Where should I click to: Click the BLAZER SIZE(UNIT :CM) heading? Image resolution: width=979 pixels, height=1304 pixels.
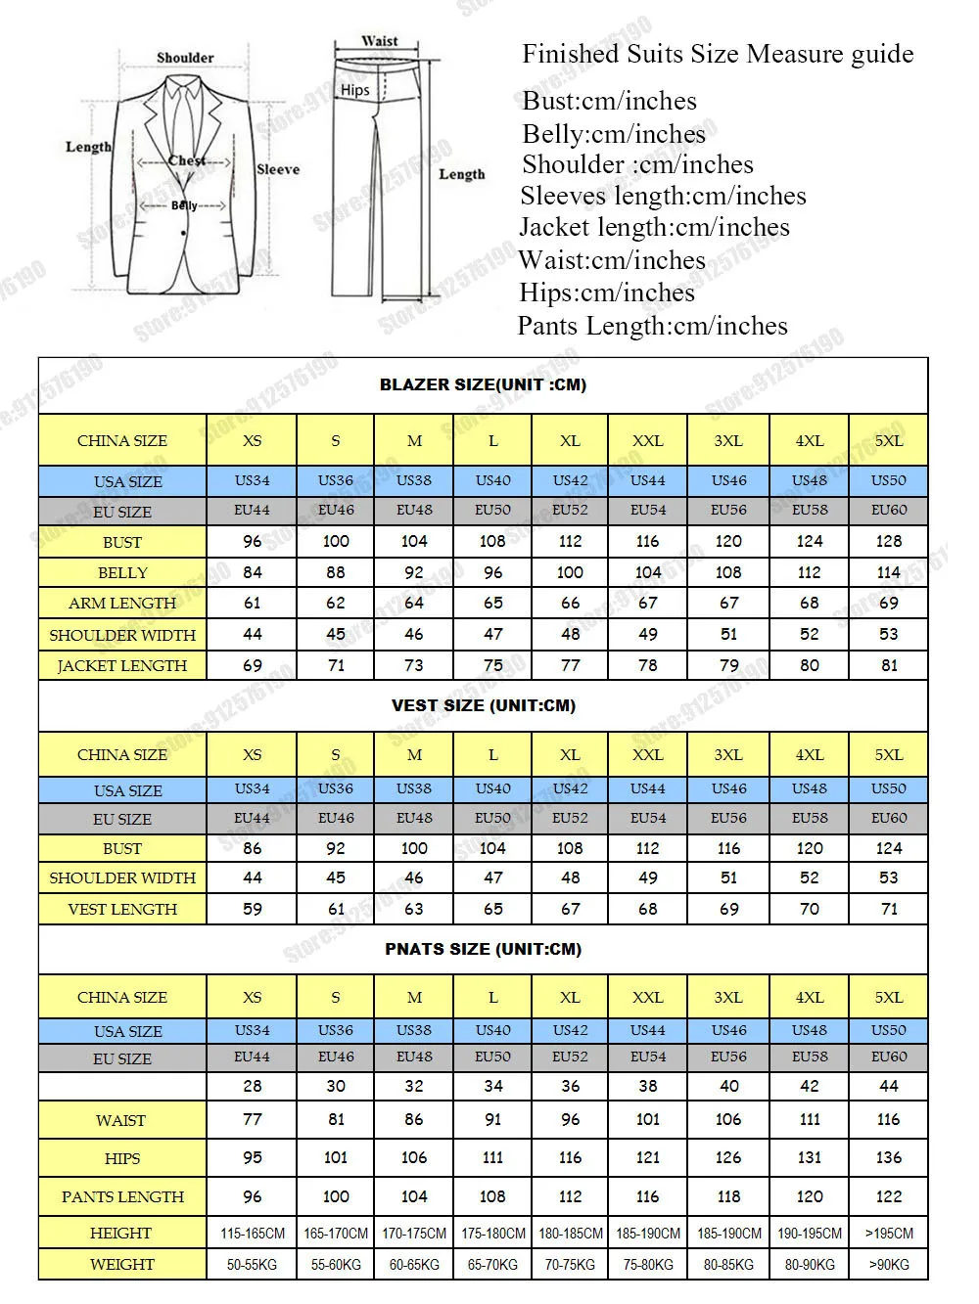point(483,384)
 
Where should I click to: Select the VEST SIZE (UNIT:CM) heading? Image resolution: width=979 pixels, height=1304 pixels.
point(483,705)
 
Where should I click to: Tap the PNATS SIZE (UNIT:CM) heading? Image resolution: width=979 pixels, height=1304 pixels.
point(483,949)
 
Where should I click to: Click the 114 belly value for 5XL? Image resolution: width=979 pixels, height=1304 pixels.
point(888,572)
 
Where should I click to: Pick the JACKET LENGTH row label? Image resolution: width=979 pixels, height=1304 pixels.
point(122,665)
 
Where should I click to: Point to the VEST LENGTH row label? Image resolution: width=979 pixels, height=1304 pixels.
point(122,909)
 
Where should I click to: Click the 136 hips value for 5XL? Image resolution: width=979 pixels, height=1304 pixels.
point(888,1157)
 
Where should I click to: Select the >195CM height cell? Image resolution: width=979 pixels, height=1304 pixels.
point(888,1234)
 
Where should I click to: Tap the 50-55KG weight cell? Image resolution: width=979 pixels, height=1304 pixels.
point(252,1265)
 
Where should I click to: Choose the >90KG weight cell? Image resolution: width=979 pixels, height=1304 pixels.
point(888,1265)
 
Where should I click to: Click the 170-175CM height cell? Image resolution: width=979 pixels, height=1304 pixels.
point(414,1234)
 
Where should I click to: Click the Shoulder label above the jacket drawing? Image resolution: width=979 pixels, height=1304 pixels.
point(185,58)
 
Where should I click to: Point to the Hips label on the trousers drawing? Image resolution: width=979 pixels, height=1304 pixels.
point(355,90)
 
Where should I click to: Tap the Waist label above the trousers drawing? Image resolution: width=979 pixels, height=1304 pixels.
point(380,41)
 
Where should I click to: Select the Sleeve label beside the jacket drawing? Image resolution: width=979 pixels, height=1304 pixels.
point(278,169)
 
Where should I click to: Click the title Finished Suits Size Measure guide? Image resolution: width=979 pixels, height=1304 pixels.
point(718,54)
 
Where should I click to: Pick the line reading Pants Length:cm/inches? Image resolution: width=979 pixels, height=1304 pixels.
point(652,326)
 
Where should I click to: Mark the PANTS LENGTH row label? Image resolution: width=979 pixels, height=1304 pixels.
point(122,1196)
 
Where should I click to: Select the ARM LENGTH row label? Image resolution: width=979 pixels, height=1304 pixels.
point(122,604)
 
